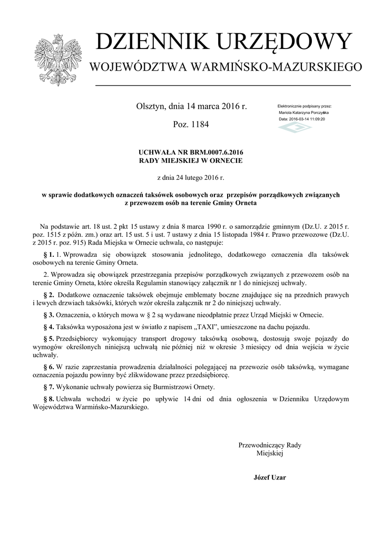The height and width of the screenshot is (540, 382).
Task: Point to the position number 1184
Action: pyautogui.click(x=199, y=125)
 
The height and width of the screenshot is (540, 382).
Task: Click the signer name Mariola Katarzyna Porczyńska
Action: pyautogui.click(x=303, y=113)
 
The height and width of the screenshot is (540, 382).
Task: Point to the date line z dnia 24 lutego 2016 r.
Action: pyautogui.click(x=191, y=178)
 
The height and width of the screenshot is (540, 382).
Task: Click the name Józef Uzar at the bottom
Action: pyautogui.click(x=270, y=477)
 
